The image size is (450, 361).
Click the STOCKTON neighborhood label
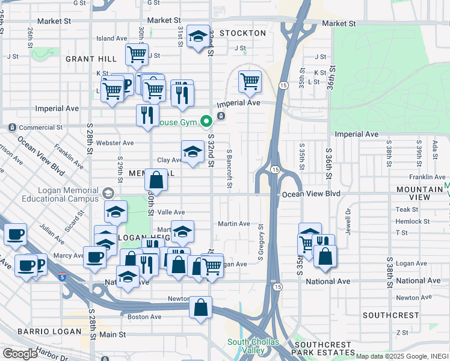click(x=242, y=33)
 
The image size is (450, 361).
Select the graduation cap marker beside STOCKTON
click(x=198, y=37)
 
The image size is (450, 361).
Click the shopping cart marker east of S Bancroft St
click(x=250, y=81)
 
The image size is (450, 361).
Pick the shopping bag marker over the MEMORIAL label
click(x=156, y=180)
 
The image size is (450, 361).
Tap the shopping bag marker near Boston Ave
click(x=201, y=307)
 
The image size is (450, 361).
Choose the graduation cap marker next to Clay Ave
click(x=193, y=152)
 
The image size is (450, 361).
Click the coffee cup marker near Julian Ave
click(x=15, y=235)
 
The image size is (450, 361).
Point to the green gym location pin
click(x=206, y=122)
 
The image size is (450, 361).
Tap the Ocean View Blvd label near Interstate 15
click(x=312, y=194)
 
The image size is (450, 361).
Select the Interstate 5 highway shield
click(x=63, y=276)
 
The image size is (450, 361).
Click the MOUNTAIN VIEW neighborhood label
click(x=421, y=193)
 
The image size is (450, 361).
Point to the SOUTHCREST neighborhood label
click(x=390, y=315)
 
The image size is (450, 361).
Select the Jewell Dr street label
click(x=348, y=219)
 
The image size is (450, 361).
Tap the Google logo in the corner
click(x=20, y=354)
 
